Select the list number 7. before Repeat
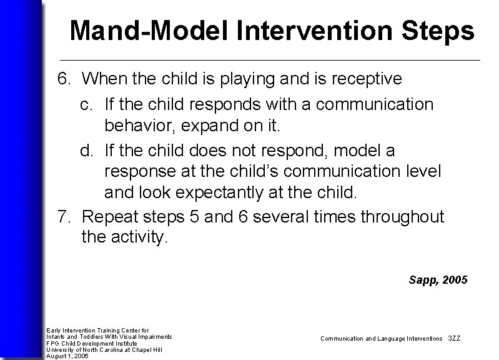pos(64,217)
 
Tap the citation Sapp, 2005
pos(438,280)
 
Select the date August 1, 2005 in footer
pos(67,356)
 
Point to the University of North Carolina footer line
pos(104,349)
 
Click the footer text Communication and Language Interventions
pos(380,338)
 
